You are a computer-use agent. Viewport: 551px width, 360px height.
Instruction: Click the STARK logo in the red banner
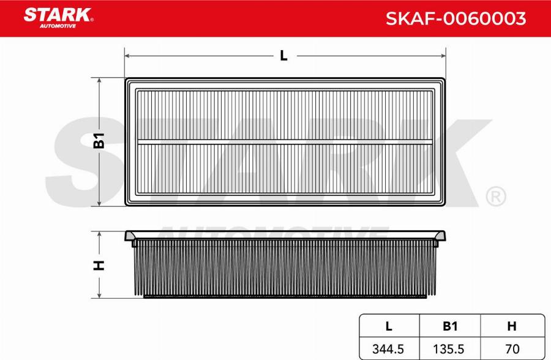coord(58,18)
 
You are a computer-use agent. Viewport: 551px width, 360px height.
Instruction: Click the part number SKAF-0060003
coord(455,18)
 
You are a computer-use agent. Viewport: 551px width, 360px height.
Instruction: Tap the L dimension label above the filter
coord(283,56)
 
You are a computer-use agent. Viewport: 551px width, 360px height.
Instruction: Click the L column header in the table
coord(389,326)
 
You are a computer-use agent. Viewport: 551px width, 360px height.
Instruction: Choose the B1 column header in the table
coord(450,326)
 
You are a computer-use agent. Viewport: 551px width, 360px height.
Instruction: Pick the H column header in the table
coord(512,326)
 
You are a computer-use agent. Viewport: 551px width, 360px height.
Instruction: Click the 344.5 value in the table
coord(388,349)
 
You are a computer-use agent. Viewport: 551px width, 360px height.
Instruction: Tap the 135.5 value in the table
coord(449,349)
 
